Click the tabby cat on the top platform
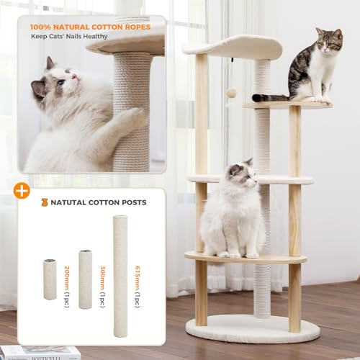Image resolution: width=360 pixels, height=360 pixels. coord(314,68)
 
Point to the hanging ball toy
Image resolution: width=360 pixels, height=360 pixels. coord(232,94)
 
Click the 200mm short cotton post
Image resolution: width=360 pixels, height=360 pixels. coord(50,279)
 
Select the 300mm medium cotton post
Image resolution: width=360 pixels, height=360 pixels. coord(85,279)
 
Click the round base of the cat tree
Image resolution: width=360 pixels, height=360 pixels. coord(252,328)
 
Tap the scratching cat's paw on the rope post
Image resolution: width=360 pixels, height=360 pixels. coord(133,117)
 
